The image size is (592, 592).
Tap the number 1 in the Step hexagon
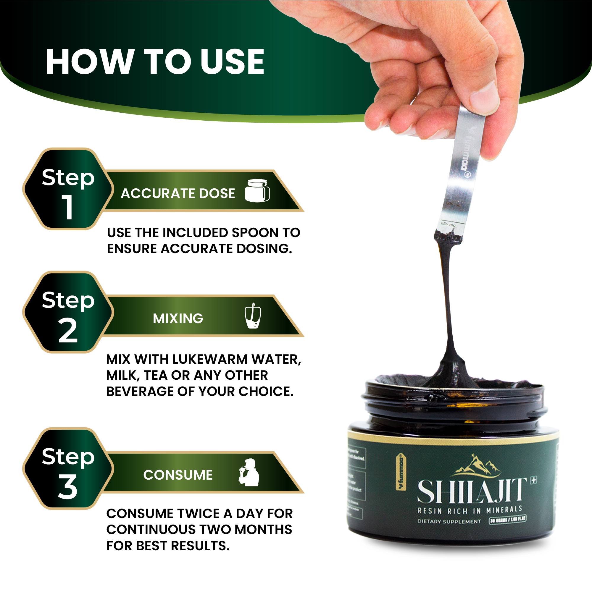(x=67, y=207)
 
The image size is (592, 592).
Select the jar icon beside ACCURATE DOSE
(x=257, y=191)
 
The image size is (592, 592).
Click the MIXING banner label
(x=178, y=318)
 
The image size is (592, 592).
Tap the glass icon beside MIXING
(x=253, y=316)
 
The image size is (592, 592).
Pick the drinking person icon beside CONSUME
(x=249, y=472)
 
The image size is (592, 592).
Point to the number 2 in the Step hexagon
(x=67, y=331)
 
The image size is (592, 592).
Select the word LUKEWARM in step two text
(x=210, y=359)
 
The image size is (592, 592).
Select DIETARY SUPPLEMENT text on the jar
(x=449, y=521)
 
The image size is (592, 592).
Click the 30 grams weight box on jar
(x=508, y=519)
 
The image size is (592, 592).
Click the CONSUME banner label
(x=178, y=475)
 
